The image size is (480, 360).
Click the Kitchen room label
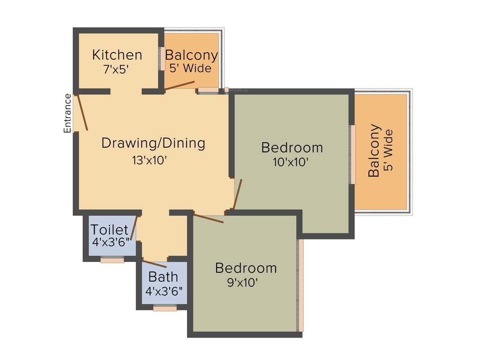click(117, 55)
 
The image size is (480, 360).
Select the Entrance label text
click(68, 113)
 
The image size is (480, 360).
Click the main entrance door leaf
click(82, 112)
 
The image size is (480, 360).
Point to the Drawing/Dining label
click(153, 142)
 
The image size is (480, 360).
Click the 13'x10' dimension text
click(150, 160)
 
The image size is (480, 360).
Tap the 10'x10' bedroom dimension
click(291, 163)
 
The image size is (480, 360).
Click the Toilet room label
click(109, 230)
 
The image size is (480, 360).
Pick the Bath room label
click(163, 277)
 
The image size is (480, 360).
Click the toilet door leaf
click(134, 228)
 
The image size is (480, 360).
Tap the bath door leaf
click(154, 264)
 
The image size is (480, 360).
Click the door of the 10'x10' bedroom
click(237, 194)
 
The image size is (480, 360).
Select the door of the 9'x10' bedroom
click(209, 218)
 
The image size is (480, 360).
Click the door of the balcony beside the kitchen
click(180, 85)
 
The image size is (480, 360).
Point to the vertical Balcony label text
click(374, 150)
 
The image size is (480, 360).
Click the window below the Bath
click(165, 308)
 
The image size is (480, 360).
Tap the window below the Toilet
click(112, 259)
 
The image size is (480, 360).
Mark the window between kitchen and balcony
click(162, 59)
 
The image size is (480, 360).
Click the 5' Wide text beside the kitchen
click(190, 68)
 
